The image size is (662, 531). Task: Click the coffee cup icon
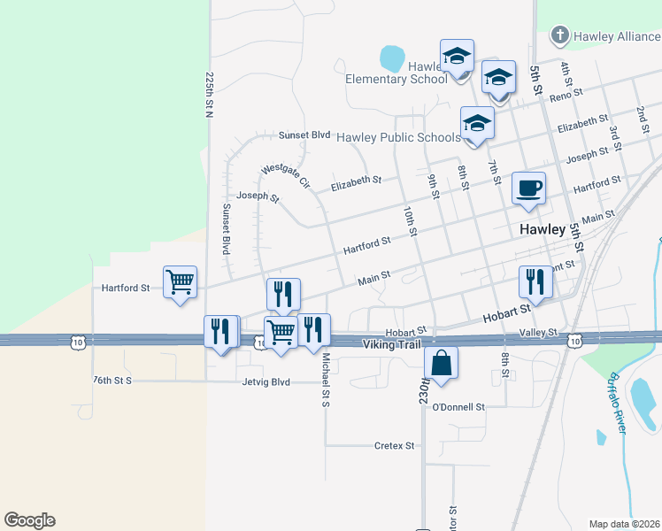coord(528,188)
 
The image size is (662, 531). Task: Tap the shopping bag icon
coord(441,363)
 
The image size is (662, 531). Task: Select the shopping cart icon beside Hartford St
coord(181,282)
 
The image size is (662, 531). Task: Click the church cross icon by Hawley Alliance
coord(558,35)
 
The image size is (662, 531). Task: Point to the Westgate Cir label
coord(286,175)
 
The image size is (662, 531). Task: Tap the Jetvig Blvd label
coord(266,381)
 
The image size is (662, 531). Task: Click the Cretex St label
coord(395,445)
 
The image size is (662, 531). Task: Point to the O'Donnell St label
coord(458,407)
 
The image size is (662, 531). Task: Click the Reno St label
coord(566,94)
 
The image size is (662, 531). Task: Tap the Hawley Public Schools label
coord(398,137)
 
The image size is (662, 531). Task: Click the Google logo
coord(29,520)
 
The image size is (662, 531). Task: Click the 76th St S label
coord(112,381)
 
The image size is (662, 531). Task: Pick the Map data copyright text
coord(625,524)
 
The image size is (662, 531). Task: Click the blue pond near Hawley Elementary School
coord(391,58)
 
